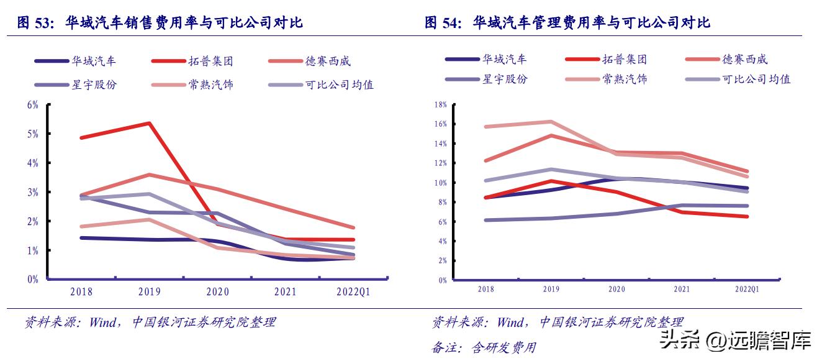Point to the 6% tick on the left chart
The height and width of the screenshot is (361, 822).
coord(32,104)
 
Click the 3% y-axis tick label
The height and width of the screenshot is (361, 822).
coord(32,192)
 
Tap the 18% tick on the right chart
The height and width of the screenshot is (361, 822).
coord(441,104)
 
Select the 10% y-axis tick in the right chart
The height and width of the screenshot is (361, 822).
coord(441,183)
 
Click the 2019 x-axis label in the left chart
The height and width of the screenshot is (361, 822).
coord(149,292)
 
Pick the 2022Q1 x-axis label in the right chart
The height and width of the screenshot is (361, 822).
coord(747,289)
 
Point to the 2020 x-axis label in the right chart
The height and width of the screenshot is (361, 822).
coord(616,289)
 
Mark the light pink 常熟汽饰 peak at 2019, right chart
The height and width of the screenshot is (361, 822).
coord(551,122)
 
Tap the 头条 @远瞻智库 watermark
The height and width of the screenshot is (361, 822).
coord(735,340)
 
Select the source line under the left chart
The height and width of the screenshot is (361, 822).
coord(150,322)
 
